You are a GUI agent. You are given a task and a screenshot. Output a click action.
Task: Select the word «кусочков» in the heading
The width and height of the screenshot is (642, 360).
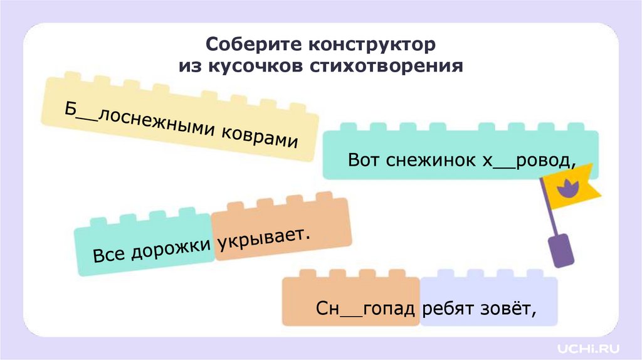[253, 66]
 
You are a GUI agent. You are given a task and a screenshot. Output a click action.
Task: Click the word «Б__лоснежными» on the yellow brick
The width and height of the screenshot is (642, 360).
[135, 121]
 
